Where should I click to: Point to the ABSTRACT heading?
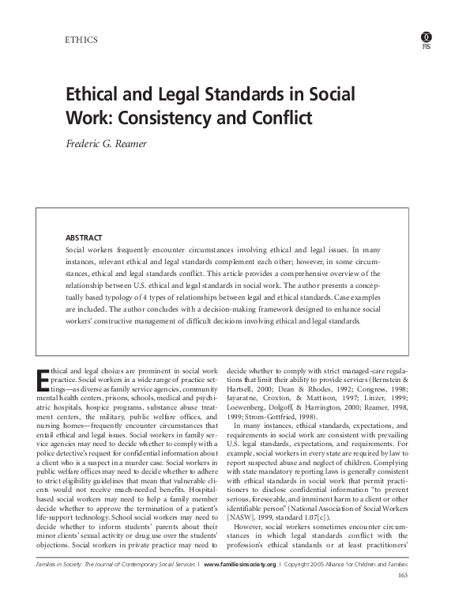coord(83,237)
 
